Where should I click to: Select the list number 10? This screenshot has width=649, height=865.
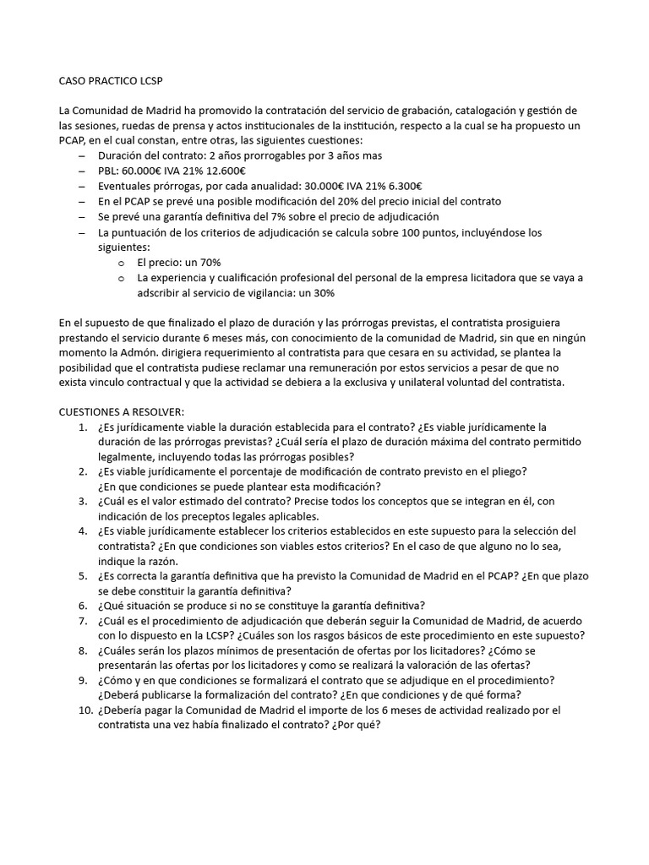(85, 710)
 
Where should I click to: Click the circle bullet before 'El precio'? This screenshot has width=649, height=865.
(122, 263)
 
